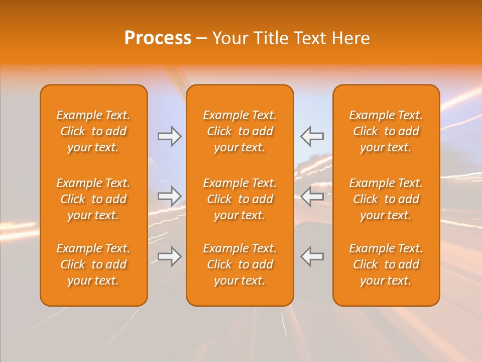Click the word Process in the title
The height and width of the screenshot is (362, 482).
pos(158,38)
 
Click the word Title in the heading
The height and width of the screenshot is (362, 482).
pos(271,38)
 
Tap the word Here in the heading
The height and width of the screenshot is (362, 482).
pos(351,38)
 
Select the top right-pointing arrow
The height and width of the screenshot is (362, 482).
pos(169,136)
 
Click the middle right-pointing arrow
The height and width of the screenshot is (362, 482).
pos(169,196)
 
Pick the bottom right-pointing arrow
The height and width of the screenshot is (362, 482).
pos(169,256)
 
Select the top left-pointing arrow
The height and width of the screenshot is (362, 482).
pos(312,136)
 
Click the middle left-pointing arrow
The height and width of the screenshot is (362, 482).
pos(312,196)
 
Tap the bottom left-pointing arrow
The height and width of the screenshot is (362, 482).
pos(312,256)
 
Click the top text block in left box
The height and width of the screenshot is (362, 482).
pos(93,131)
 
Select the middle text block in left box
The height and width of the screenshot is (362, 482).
pos(93,199)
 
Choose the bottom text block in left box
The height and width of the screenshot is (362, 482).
pos(93,264)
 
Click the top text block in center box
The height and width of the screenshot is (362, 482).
pos(240,131)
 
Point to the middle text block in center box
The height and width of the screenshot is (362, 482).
pos(240,199)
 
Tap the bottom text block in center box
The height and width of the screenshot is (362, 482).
pos(240,264)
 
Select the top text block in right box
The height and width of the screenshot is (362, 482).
pos(386,131)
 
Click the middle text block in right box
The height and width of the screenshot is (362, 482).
pos(386,199)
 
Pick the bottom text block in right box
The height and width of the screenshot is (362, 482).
pos(386,264)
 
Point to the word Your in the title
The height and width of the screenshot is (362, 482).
pos(230,38)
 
